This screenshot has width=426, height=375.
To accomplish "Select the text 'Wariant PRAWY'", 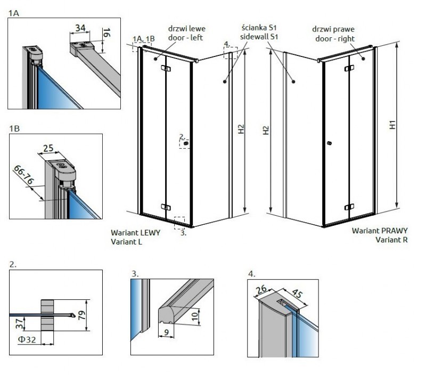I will pos(380,231).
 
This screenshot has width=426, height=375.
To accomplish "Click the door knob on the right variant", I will pos(330,143).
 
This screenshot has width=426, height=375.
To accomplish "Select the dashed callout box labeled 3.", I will pos(179,222).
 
